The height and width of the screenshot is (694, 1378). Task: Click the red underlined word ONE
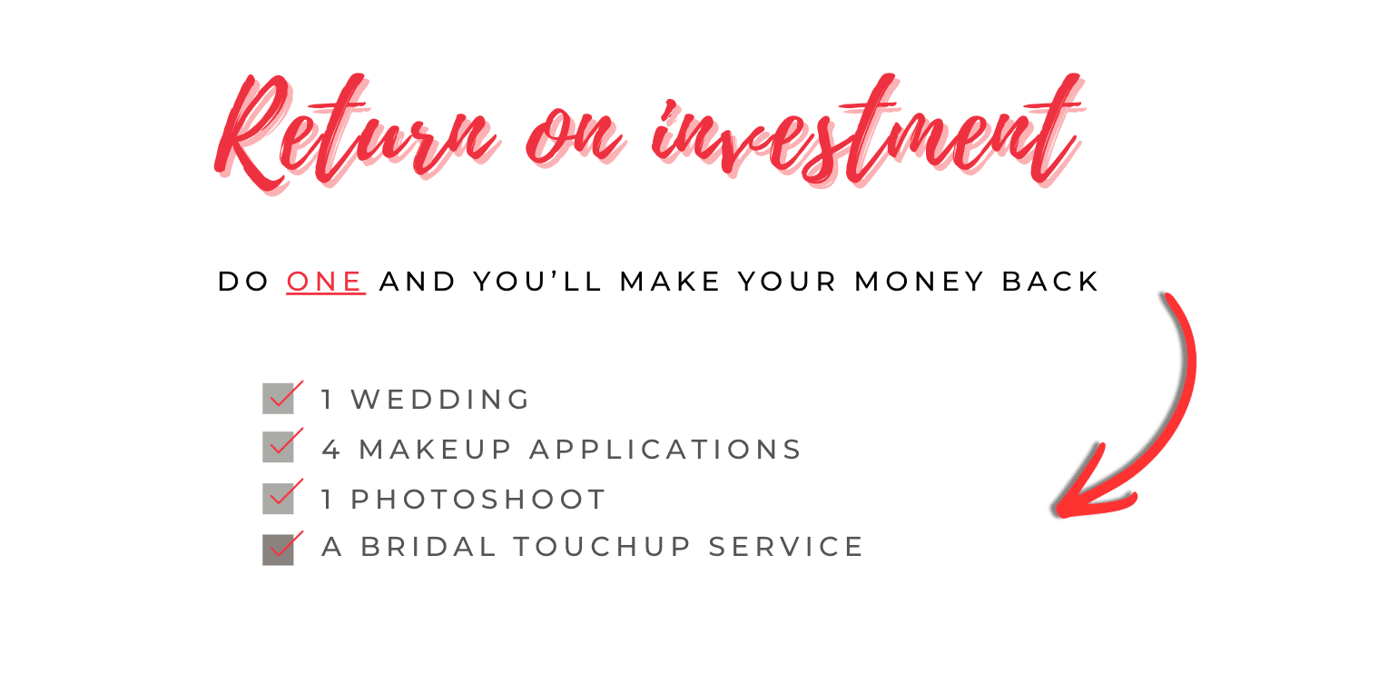(x=325, y=282)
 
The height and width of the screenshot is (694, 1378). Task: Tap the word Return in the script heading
(x=356, y=133)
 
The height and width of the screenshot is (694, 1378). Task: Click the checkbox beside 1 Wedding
(x=279, y=399)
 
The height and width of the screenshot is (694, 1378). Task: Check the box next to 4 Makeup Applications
(x=279, y=447)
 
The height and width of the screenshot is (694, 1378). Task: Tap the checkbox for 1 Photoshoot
(x=279, y=498)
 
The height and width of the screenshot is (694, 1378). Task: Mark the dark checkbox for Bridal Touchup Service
(x=279, y=550)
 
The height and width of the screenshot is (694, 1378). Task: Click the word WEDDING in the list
(x=439, y=400)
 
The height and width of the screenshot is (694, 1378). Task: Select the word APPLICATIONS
(x=665, y=450)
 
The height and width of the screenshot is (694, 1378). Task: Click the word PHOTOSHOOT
(x=478, y=500)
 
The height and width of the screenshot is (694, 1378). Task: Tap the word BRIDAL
(x=428, y=547)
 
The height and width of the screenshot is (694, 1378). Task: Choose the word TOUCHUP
(x=602, y=547)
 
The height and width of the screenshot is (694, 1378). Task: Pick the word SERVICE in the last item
(x=785, y=547)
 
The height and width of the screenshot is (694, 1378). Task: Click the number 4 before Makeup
(x=331, y=450)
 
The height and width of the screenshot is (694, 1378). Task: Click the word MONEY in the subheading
(x=919, y=282)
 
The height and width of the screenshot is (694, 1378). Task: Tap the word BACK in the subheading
(x=1049, y=282)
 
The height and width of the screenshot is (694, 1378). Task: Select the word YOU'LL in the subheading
(x=537, y=282)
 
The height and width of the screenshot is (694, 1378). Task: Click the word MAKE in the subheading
(x=669, y=282)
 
